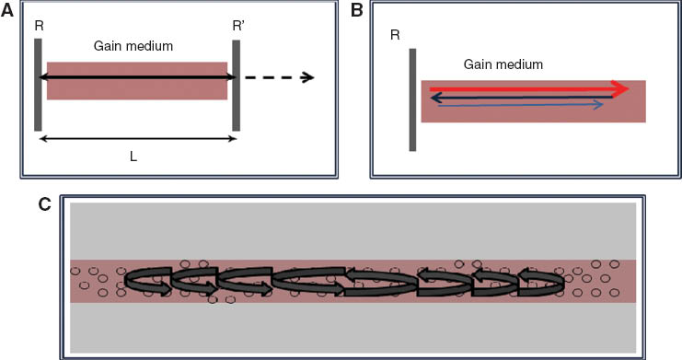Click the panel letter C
(43, 204)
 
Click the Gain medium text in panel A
(133, 44)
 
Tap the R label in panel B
(394, 35)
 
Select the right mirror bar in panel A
(237, 85)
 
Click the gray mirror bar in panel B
(412, 99)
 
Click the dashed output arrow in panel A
(282, 76)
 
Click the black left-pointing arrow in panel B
(515, 97)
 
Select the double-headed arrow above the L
(135, 139)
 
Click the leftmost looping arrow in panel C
(147, 282)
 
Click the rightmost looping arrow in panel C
(540, 282)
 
